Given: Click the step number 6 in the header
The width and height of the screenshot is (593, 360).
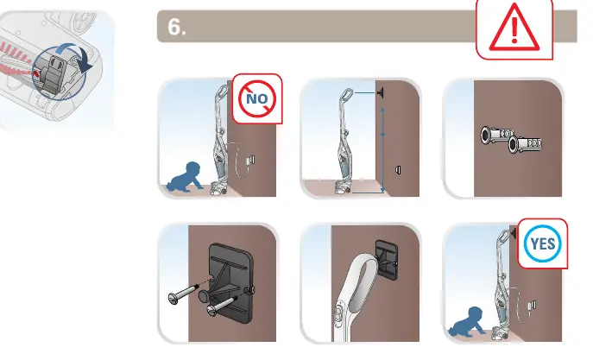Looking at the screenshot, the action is pyautogui.click(x=177, y=27).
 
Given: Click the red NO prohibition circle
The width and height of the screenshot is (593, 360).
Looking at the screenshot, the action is pyautogui.click(x=257, y=98).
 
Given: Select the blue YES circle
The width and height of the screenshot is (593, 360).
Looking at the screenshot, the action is pyautogui.click(x=543, y=244).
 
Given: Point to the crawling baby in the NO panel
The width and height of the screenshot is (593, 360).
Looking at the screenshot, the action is pyautogui.click(x=186, y=177).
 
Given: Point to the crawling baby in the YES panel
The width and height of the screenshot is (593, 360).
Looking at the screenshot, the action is pyautogui.click(x=467, y=322).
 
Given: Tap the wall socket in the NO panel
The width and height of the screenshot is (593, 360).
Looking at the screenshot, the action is pyautogui.click(x=250, y=161).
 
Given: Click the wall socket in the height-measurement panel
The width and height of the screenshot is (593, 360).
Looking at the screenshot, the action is pyautogui.click(x=398, y=170).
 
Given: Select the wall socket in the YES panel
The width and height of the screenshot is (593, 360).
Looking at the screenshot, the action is pyautogui.click(x=532, y=305).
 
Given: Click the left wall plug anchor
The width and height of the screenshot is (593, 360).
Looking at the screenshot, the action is pyautogui.click(x=497, y=135).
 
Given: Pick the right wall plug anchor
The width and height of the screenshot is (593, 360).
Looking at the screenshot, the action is pyautogui.click(x=525, y=144).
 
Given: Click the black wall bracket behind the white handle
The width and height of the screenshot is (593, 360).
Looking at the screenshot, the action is pyautogui.click(x=387, y=260).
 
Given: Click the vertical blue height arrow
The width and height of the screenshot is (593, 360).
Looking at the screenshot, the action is pyautogui.click(x=382, y=150).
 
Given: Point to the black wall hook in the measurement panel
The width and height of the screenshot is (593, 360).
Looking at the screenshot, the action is pyautogui.click(x=380, y=92).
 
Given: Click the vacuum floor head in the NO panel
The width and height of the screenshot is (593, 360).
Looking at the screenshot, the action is pyautogui.click(x=218, y=188).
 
